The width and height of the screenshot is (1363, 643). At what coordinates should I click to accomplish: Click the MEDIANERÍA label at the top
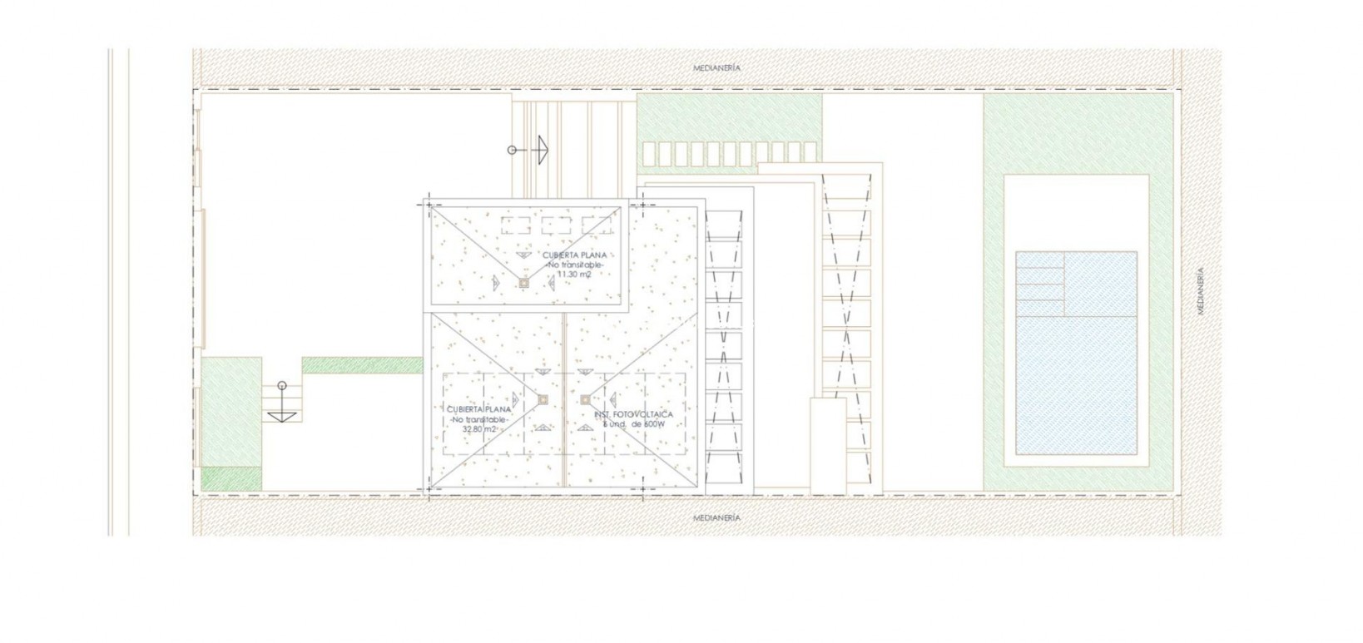[716, 68]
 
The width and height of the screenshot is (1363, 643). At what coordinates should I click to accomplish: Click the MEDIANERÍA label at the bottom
[716, 517]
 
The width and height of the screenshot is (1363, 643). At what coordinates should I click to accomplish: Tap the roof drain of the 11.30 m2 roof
[523, 283]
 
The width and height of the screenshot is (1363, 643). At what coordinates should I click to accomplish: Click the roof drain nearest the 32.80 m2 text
[543, 399]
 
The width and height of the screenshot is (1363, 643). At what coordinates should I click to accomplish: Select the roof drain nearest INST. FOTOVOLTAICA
[585, 399]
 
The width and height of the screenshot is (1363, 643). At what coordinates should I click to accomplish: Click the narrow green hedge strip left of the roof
[362, 364]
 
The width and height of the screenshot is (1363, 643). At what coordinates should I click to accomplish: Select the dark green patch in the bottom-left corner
[231, 478]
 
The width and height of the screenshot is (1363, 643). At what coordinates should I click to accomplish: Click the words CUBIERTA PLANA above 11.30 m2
[574, 255]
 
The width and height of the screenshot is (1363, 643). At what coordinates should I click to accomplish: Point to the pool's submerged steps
[1041, 284]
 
